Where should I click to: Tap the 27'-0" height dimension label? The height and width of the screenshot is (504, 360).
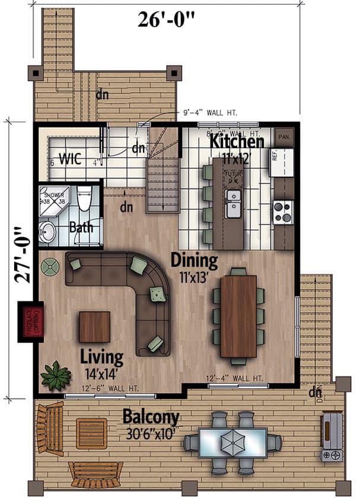22,255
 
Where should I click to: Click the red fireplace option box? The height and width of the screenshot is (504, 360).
30,321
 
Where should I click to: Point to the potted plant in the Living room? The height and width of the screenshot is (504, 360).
55,375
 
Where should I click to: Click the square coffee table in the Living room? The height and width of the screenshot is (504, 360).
94,327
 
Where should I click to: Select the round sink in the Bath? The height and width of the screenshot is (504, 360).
47,232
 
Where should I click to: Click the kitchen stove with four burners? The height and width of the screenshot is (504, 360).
283,212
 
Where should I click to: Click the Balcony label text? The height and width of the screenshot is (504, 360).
151,417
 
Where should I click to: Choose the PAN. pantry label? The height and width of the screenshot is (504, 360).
284,136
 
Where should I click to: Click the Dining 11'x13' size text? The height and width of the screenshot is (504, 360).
194,276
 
